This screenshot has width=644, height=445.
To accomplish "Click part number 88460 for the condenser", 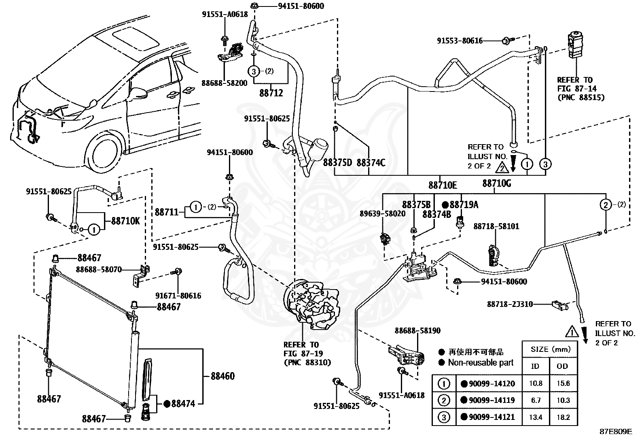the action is tap(222, 376).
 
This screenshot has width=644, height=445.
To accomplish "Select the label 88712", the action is tap(271, 93).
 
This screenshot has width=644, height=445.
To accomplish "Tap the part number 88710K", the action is tap(125, 221).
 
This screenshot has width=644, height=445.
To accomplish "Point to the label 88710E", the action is tap(443, 185).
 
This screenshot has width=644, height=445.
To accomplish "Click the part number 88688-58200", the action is tap(224, 83).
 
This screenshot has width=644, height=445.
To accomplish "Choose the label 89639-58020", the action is tap(383, 213).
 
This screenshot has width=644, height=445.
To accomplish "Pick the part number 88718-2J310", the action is tap(510, 304).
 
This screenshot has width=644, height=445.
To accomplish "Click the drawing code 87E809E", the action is tap(616, 432).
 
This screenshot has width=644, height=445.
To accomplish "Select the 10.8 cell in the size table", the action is tap(536, 383).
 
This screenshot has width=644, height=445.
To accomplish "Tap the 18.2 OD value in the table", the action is tap(563, 417).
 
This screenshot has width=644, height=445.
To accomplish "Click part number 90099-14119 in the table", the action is tap(491, 400).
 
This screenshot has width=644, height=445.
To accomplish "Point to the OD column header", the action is tap(562, 366).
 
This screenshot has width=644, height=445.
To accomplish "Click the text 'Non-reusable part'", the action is tap(481, 363).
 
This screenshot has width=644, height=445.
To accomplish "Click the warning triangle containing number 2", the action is tap(502, 167).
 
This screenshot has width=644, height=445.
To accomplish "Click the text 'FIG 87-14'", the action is tap(577, 89).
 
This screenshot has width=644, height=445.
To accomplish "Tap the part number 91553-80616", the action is tap(460, 41).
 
